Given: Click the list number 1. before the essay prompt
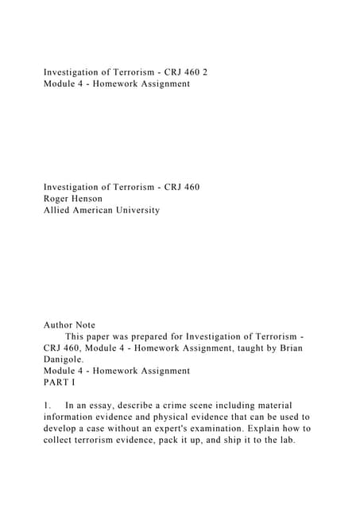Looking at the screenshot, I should (x=48, y=406).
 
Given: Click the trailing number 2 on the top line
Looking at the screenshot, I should (x=205, y=72).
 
